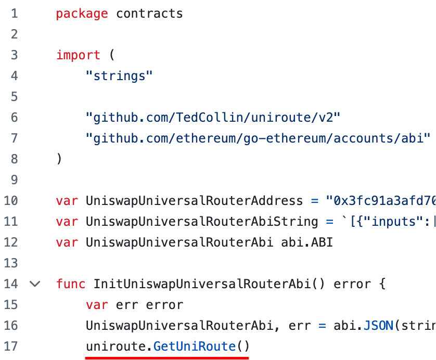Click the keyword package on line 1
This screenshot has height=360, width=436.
point(82,14)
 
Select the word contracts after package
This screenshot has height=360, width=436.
point(149,14)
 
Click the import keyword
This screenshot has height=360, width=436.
point(78,55)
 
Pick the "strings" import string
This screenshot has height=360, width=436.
point(119,76)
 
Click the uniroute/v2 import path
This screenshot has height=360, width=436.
point(213,118)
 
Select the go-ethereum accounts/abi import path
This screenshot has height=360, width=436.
point(258,138)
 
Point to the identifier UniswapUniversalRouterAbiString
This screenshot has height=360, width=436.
point(202,222)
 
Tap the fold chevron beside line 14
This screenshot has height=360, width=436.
point(35,284)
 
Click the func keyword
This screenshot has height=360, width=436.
point(71,284)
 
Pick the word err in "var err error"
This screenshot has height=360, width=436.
point(127,305)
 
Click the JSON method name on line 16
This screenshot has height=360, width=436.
point(378,326)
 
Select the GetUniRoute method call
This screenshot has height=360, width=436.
point(194,346)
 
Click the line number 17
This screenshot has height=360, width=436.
point(11,346)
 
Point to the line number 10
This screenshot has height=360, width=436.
point(11,201)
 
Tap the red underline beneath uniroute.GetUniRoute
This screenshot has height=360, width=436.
point(167,358)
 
